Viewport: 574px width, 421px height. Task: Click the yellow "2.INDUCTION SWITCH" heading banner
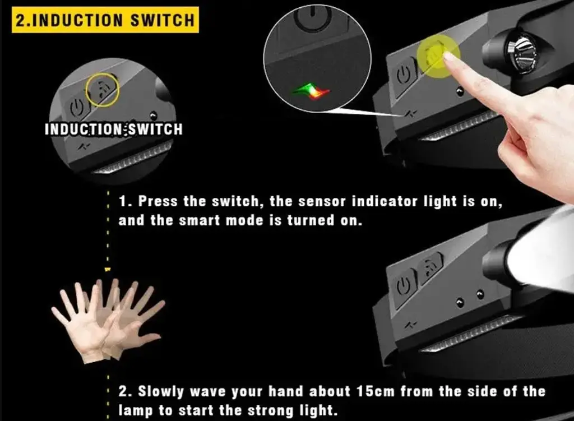(105, 20)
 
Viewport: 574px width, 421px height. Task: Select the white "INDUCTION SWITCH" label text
(114, 129)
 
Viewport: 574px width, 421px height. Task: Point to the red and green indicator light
(311, 91)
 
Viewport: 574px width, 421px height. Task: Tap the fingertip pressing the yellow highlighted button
(449, 57)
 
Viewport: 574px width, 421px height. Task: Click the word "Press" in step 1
(158, 201)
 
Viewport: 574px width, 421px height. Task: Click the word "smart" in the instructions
(202, 220)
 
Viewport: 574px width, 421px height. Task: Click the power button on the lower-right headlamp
(405, 288)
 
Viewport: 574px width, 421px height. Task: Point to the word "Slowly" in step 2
(161, 392)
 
